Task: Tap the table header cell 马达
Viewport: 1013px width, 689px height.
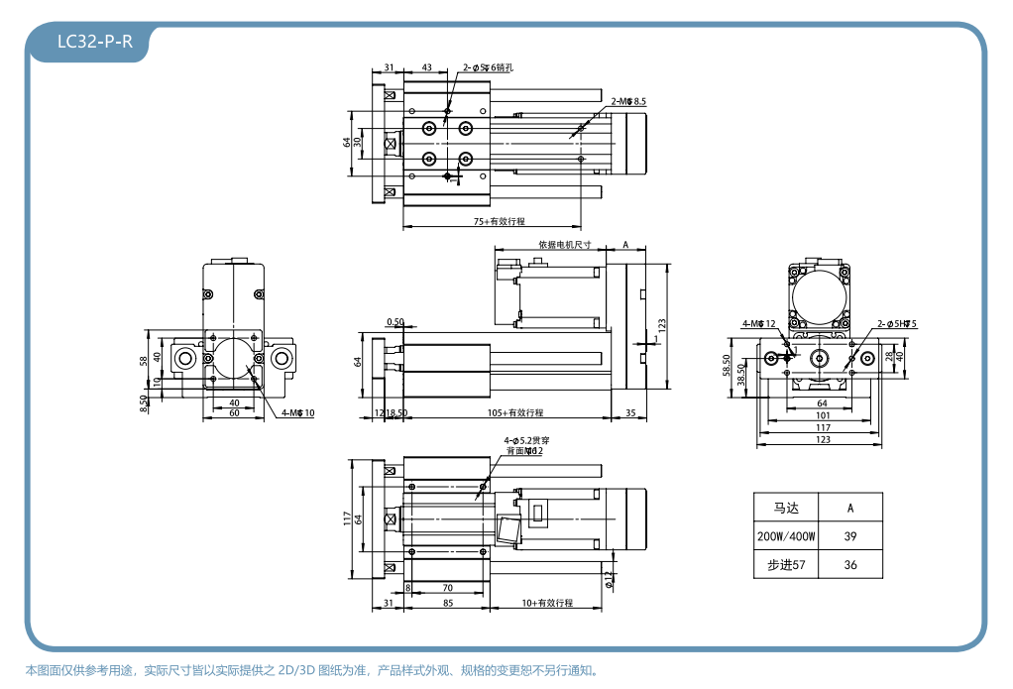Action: click(786, 508)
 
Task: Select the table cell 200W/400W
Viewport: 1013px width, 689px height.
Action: click(786, 536)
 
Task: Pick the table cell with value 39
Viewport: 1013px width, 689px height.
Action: click(849, 536)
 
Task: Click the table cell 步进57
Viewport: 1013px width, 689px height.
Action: click(786, 564)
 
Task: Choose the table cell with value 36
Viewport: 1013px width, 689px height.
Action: click(849, 564)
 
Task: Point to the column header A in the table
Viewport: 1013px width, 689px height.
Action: click(849, 508)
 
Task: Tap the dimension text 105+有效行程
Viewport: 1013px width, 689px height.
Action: click(515, 411)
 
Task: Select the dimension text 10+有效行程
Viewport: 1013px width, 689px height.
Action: click(547, 603)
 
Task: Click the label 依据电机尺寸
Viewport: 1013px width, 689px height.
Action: click(565, 244)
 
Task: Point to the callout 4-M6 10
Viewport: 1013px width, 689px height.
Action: click(297, 412)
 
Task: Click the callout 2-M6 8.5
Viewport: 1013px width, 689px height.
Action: click(629, 101)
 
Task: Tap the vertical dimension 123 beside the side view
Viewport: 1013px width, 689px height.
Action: click(663, 324)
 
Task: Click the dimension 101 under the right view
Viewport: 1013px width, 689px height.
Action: click(823, 415)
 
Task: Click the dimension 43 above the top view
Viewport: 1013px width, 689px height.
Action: click(427, 67)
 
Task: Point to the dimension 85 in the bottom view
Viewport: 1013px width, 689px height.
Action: click(448, 603)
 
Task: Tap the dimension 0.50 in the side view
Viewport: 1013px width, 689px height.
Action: click(395, 322)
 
